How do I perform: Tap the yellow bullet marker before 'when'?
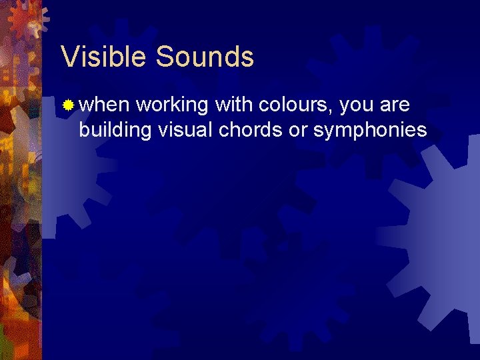(x=68, y=105)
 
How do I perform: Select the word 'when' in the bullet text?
(x=105, y=105)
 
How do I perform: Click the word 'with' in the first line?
(x=233, y=105)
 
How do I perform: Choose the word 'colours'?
(x=296, y=105)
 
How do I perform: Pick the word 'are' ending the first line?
(x=397, y=106)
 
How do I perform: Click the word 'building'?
(x=115, y=130)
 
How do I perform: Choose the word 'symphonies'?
(x=370, y=131)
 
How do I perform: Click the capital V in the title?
(x=69, y=57)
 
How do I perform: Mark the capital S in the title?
(x=163, y=57)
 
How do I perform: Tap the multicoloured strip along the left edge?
(x=20, y=200)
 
